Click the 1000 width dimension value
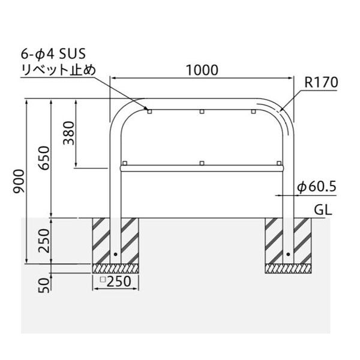point(202,70)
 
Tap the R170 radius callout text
point(321,82)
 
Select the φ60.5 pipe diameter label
point(317,187)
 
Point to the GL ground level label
point(323,209)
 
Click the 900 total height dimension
point(19,181)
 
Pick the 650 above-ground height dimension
point(44,158)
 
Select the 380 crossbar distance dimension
point(69,133)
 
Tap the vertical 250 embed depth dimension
point(44,241)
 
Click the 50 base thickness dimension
point(44,285)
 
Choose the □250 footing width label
point(116,281)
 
